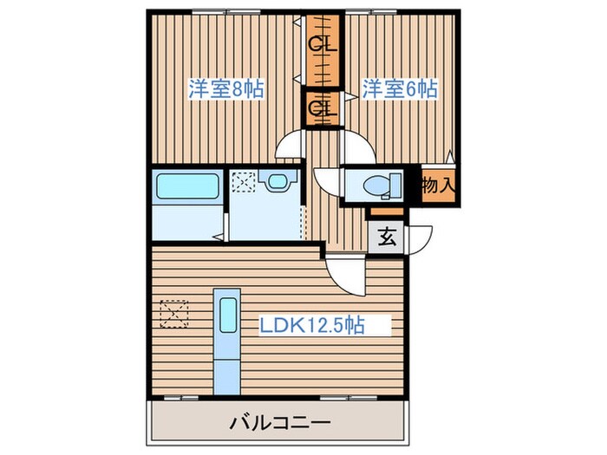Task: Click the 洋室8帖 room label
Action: pyautogui.click(x=226, y=88)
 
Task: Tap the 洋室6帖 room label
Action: pyautogui.click(x=399, y=88)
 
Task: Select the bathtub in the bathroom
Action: pyautogui.click(x=186, y=187)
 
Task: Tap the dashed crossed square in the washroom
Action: pyautogui.click(x=245, y=182)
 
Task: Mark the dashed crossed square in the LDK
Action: pyautogui.click(x=174, y=312)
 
